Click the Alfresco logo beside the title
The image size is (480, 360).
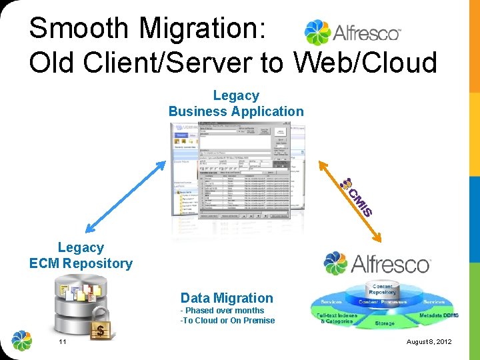(x=353, y=32)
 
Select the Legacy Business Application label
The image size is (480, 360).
(x=235, y=103)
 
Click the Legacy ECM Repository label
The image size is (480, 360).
(x=81, y=255)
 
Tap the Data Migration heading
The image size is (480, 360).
(x=227, y=298)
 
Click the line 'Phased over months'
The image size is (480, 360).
(x=223, y=311)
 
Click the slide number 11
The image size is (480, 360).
(x=62, y=342)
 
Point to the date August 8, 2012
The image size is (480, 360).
(x=429, y=342)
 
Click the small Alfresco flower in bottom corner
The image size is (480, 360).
(x=22, y=340)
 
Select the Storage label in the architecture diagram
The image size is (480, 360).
(x=384, y=323)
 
